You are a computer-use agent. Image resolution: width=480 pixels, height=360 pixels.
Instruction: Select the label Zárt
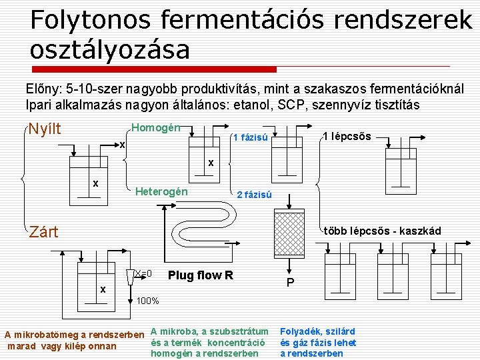43,232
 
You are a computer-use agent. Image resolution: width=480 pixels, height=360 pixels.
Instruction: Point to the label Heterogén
161,192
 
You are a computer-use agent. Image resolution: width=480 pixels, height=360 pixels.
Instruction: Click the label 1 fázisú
249,138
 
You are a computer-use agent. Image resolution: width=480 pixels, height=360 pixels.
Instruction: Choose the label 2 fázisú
254,195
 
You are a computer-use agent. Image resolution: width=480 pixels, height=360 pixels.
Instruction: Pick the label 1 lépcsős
346,137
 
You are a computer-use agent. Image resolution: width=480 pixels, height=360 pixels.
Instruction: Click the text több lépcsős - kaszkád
382,231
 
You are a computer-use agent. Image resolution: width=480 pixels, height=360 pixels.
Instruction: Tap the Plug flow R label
201,275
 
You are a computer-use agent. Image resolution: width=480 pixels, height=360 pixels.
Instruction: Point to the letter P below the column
290,283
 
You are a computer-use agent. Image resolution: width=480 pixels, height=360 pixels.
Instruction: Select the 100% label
147,301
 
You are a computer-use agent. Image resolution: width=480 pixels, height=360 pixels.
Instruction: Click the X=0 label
143,273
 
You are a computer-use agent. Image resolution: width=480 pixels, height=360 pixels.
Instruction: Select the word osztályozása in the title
110,50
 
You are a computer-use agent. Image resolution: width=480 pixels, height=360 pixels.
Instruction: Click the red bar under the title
153,69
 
